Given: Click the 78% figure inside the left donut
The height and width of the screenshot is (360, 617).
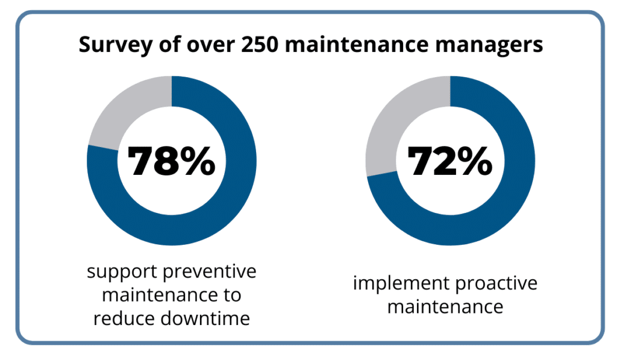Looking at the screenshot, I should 172,160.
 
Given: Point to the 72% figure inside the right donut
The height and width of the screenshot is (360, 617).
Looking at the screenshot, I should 449,160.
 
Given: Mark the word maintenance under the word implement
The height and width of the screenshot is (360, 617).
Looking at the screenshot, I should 445,306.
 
